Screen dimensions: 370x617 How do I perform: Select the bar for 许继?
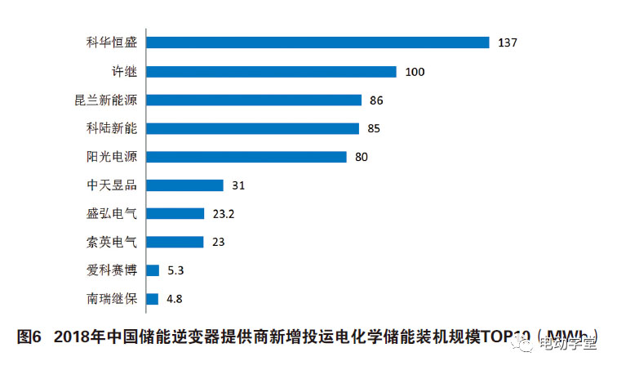coord(271,71)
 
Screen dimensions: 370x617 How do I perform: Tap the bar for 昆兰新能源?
coord(254,100)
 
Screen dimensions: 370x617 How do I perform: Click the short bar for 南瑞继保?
coord(152,299)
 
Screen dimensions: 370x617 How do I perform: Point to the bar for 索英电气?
coord(175,242)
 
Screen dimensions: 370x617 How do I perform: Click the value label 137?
coord(508,42)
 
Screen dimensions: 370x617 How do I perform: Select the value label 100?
coord(415,72)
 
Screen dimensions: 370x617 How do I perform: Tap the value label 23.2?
coord(223,214)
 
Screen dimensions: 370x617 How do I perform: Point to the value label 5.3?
coord(176,270)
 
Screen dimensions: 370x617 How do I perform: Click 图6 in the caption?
coord(30,337)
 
